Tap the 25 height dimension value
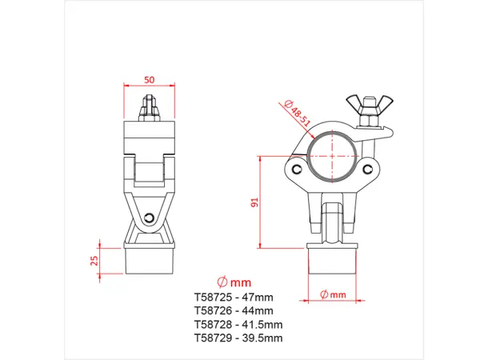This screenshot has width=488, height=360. click(x=94, y=260)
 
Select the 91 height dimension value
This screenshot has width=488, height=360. click(x=255, y=203)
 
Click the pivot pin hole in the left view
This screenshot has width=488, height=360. click(x=150, y=218)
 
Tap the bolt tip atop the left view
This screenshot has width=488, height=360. click(x=148, y=103)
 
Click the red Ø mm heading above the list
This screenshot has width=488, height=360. click(x=234, y=282)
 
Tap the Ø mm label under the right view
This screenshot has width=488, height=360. click(x=333, y=294)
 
